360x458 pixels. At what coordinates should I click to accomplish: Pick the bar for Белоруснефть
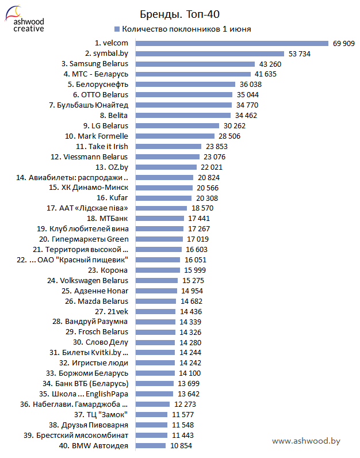pos(184,84)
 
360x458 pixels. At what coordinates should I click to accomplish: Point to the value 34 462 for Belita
pos(246,115)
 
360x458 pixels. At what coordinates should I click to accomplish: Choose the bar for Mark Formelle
pos(174,136)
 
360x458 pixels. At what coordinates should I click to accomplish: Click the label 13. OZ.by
pos(112,167)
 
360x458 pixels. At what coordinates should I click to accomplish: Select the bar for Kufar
pos(164,198)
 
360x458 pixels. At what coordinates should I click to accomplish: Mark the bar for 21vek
pos(156,311)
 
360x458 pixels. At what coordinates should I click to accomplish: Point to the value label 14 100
pos(190,373)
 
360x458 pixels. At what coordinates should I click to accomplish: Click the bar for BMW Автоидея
pos(151,446)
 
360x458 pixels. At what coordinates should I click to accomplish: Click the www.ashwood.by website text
pos(306,441)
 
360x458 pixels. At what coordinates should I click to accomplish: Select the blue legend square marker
pos(117,29)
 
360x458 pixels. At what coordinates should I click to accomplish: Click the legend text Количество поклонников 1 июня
pos(186,29)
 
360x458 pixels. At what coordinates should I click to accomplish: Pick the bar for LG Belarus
pos(177,125)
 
